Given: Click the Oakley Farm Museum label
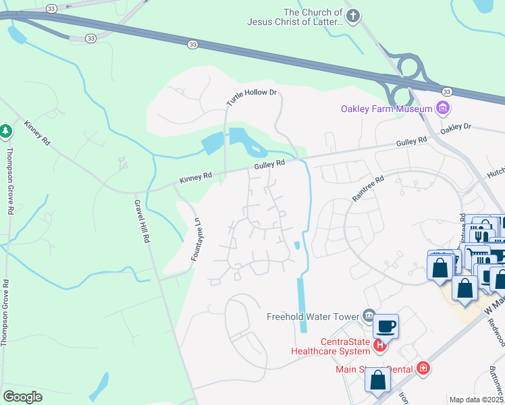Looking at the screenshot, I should point(386,109).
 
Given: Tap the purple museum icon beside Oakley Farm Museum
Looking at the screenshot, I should point(443,108).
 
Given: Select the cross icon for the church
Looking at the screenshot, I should point(352,15).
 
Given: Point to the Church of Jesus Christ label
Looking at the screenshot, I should point(313,17).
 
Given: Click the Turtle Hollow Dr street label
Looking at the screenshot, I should point(252,98).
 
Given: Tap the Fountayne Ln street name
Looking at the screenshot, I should point(197,240).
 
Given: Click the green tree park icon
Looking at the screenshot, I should point(5,130).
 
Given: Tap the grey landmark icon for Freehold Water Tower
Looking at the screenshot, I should point(369,315).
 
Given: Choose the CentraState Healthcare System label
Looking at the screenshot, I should point(330,346).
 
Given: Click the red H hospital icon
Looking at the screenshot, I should point(380,346).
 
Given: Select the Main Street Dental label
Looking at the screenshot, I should point(374,369).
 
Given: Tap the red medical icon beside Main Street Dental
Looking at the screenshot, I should point(423,368).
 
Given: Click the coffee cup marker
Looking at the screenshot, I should point(386,327).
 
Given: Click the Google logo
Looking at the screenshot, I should point(23,397).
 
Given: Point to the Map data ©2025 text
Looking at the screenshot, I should point(475,400).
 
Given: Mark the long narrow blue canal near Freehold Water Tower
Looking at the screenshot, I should point(302,304).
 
